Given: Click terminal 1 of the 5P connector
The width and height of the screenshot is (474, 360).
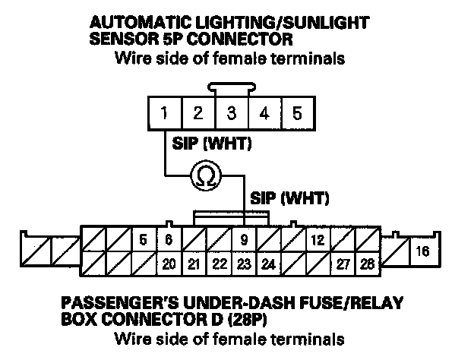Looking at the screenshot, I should (x=164, y=115).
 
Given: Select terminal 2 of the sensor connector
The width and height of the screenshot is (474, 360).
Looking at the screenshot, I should (x=197, y=115).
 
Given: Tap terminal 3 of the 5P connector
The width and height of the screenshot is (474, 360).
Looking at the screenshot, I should (x=230, y=115).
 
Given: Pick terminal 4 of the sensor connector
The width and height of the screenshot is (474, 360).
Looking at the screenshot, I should (x=264, y=115).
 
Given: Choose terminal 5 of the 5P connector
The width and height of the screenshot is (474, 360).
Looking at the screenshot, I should (x=297, y=115).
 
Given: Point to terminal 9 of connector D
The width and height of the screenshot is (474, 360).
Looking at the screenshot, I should (x=244, y=240).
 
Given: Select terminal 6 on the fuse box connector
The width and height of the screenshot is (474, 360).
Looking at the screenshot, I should (x=169, y=240).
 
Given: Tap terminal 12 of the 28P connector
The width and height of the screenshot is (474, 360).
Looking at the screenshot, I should (x=318, y=240).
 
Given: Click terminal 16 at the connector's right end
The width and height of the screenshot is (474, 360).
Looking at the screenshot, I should (x=423, y=250).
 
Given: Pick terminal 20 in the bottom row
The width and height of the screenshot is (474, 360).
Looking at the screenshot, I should (x=169, y=264).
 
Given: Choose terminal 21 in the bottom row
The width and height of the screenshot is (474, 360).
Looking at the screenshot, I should (x=194, y=264).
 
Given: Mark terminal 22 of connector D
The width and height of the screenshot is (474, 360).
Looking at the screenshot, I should (x=219, y=264).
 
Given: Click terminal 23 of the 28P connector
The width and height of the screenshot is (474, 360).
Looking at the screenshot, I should (x=244, y=264).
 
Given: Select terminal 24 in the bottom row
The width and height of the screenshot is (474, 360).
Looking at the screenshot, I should (x=268, y=264).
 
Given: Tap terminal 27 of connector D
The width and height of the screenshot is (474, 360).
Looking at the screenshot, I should (x=343, y=264).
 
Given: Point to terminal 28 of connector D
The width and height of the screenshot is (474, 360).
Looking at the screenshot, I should (x=368, y=264).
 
